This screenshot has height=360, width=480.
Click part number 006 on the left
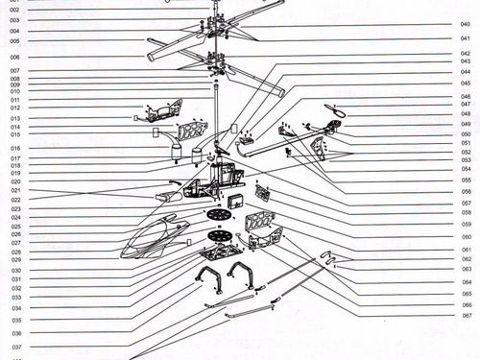(x=15, y=58)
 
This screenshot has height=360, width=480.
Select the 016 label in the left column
(x=15, y=149)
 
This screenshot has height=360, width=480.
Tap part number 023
(x=15, y=208)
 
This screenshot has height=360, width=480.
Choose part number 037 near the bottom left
(x=15, y=347)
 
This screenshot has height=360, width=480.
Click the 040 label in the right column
(x=465, y=24)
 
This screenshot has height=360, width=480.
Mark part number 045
(x=465, y=83)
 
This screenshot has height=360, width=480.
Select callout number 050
(x=465, y=133)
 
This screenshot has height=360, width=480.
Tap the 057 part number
(x=465, y=203)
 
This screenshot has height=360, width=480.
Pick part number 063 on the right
(x=465, y=269)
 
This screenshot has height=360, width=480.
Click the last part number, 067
(x=465, y=315)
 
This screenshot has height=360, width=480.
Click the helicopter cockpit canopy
(x=154, y=237)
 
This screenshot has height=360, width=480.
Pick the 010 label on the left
(x=15, y=91)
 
